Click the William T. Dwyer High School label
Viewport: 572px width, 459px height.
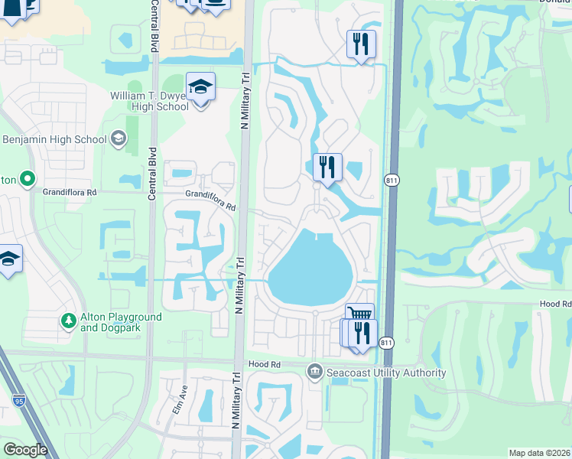[149, 101]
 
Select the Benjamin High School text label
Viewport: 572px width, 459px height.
[54, 139]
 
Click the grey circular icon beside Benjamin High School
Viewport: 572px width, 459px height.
[118, 138]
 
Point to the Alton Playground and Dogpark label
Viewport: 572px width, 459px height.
[121, 322]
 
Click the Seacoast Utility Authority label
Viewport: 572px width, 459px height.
[386, 373]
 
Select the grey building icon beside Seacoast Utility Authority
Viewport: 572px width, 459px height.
[314, 373]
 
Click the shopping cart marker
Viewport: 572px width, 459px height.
[359, 315]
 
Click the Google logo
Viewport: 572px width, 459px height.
[25, 450]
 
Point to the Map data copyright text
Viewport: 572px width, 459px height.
[539, 453]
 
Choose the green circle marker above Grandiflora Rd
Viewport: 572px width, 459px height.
[28, 180]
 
